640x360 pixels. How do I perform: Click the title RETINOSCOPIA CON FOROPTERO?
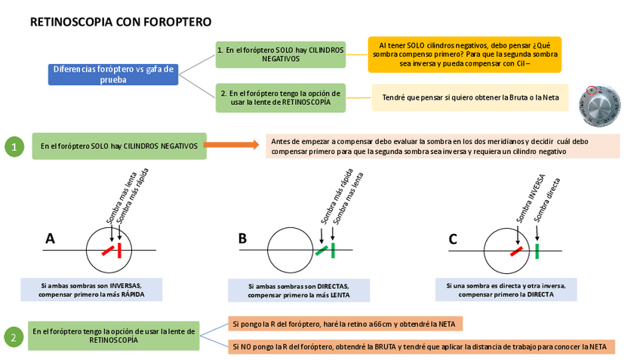pyautogui.click(x=120, y=23)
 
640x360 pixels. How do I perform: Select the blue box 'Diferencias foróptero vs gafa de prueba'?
pyautogui.click(x=113, y=74)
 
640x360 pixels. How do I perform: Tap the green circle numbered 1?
pyautogui.click(x=14, y=146)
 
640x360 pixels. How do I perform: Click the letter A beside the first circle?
pyautogui.click(x=51, y=238)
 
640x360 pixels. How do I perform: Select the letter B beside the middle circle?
pyautogui.click(x=242, y=238)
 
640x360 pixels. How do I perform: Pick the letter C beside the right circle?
pyautogui.click(x=453, y=238)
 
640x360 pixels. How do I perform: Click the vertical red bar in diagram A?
pyautogui.click(x=120, y=251)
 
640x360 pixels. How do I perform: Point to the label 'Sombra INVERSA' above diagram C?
pyautogui.click(x=521, y=195)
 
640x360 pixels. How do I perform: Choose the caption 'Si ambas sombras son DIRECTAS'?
pyautogui.click(x=299, y=291)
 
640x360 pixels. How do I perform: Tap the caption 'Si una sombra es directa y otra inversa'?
pyautogui.click(x=506, y=290)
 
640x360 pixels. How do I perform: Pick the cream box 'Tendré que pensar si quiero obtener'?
pyautogui.click(x=470, y=97)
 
